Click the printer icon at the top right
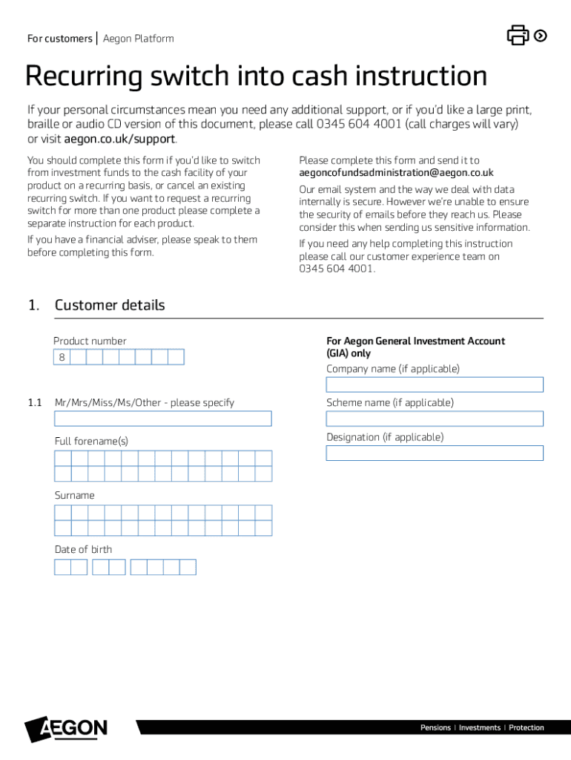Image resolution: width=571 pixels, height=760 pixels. point(518,35)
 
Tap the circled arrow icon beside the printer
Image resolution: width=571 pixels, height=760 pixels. point(541,35)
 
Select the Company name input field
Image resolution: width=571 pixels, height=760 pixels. point(434,384)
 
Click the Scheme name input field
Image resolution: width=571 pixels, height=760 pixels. point(434,419)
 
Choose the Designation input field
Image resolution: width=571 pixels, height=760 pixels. point(434,453)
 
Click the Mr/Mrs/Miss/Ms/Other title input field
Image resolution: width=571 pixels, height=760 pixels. point(162,419)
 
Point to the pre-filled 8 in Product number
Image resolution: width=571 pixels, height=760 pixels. point(62,358)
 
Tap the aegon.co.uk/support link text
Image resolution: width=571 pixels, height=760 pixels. point(119,139)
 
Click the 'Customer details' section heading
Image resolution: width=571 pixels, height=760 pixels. point(109,305)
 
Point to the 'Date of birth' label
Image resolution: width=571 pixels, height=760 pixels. point(83,549)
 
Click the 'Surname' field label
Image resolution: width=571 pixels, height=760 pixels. point(74,495)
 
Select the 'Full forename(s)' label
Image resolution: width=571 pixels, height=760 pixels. point(91,441)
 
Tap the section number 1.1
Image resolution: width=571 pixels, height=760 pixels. point(35,402)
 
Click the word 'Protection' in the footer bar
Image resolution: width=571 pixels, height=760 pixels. point(527,727)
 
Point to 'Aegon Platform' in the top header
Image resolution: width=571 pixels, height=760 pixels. point(138,39)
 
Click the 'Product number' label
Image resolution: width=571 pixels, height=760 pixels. point(90,341)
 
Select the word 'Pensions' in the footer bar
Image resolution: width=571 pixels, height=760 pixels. point(435,727)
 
